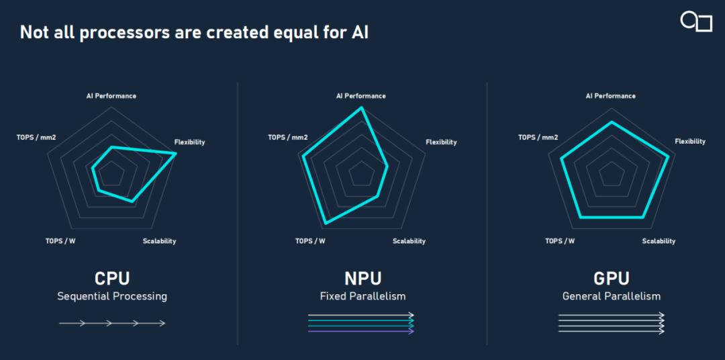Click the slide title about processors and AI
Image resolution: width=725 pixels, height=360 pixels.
point(194,34)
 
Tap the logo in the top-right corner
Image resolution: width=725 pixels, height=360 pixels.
point(696,21)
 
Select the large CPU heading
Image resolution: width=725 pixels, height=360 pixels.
point(112,279)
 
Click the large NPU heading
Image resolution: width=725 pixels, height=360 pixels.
point(363,279)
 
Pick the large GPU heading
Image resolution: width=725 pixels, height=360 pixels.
point(612,279)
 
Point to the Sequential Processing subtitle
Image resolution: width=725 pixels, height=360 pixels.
point(112,296)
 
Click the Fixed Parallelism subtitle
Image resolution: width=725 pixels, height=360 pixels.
point(363,296)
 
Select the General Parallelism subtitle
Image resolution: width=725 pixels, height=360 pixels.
point(612,296)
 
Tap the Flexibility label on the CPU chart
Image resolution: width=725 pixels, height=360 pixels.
point(189,142)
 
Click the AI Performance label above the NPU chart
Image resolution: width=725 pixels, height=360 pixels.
point(360,96)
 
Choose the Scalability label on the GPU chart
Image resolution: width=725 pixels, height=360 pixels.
point(659,241)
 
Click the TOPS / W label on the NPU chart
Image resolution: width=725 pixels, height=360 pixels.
point(310,241)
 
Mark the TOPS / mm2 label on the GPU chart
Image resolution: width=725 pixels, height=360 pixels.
point(538,138)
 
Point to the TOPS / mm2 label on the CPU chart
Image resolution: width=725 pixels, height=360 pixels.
point(36,138)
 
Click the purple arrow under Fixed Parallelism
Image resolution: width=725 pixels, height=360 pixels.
point(361,331)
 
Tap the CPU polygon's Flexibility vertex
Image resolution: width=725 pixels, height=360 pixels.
point(175,153)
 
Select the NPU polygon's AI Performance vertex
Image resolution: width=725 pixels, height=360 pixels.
point(362,108)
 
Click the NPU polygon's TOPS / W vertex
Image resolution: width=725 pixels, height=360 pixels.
point(326,224)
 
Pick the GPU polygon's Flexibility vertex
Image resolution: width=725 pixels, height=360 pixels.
point(668,157)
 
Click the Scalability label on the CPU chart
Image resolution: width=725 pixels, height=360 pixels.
point(160,241)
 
